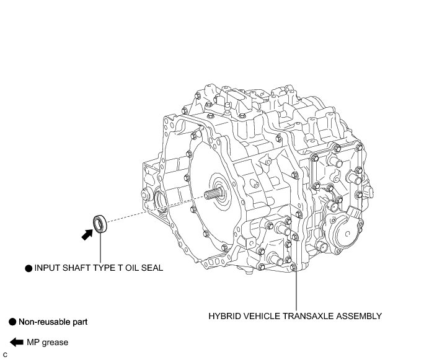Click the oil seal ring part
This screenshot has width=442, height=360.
pyautogui.click(x=100, y=223)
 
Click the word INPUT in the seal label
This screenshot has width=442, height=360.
pyautogui.click(x=47, y=268)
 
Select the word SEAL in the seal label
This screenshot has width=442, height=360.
pyautogui.click(x=151, y=268)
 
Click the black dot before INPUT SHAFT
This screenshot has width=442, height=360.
pyautogui.click(x=28, y=268)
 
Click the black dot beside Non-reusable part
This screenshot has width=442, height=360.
pyautogui.click(x=12, y=322)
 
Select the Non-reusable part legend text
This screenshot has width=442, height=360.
pyautogui.click(x=53, y=322)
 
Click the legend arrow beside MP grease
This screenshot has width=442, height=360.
pyautogui.click(x=16, y=342)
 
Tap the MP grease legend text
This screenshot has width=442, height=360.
pyautogui.click(x=47, y=342)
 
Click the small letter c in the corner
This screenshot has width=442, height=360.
pyautogui.click(x=4, y=354)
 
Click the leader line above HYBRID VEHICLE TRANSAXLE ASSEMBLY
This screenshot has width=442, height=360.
pyautogui.click(x=296, y=291)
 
